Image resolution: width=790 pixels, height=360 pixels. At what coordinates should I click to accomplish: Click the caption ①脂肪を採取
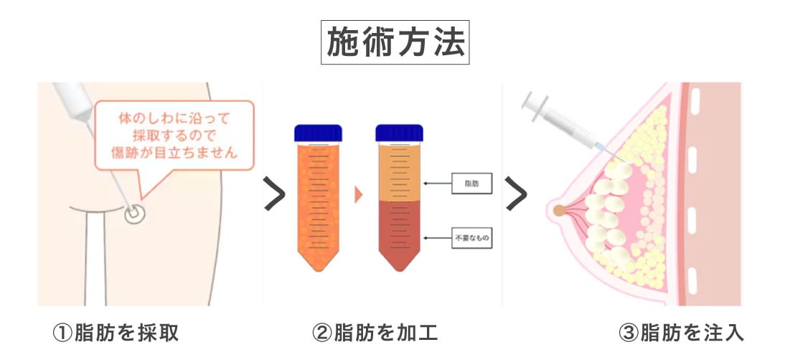pos(115,333)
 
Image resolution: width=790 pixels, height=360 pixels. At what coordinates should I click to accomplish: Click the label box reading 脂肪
pos(471,184)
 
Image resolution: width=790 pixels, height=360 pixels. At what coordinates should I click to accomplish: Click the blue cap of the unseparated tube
pos(318,133)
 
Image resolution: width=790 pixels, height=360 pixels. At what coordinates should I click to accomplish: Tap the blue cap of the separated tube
pos(400,133)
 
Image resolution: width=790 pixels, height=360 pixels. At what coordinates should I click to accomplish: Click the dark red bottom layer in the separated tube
pos(400,229)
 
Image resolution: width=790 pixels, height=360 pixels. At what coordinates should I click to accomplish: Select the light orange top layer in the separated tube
pos(400,172)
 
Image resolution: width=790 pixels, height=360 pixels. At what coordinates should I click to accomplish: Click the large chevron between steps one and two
pos(275,194)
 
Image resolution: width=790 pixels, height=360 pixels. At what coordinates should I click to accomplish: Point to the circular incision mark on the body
pos(132,214)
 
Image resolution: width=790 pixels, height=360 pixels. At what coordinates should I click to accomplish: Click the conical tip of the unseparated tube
pos(318,262)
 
